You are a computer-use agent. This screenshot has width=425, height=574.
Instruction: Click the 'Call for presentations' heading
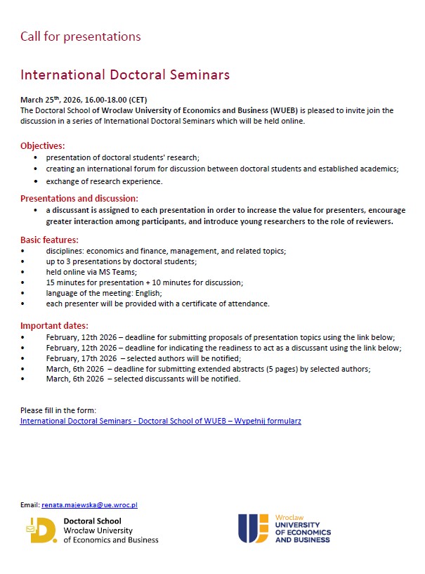click(80, 37)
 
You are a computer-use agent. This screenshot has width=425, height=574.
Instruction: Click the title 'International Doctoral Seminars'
click(125, 74)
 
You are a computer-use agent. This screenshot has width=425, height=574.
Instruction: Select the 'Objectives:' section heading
click(42, 146)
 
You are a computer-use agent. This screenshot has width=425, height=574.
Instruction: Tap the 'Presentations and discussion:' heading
click(79, 199)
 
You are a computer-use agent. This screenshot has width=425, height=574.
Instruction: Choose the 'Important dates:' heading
click(54, 326)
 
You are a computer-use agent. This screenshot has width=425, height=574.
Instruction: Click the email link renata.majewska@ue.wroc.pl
click(89, 504)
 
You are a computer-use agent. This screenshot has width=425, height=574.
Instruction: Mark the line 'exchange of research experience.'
click(104, 181)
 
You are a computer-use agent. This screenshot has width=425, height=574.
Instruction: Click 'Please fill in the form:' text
click(58, 410)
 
